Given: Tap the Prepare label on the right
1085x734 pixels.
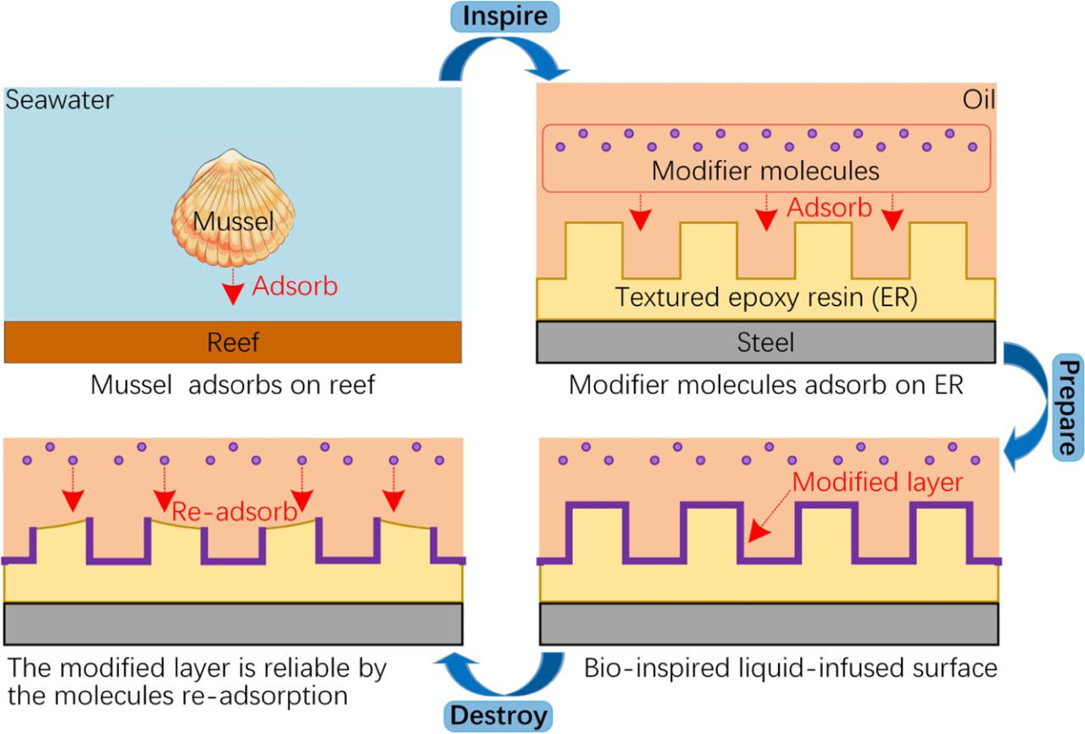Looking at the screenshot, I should [1069, 406].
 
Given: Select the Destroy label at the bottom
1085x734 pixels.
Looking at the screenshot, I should [499, 715].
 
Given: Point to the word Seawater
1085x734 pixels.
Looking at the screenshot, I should [59, 101].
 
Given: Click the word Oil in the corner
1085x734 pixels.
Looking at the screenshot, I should [978, 101].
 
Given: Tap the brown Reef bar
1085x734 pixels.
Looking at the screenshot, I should [233, 342].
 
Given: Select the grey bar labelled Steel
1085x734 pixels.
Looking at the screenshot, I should [766, 342].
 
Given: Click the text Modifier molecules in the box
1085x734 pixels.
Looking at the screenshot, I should [765, 170].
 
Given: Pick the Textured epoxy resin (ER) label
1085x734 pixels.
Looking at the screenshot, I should [766, 298].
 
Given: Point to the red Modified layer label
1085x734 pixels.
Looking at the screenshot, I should [878, 482].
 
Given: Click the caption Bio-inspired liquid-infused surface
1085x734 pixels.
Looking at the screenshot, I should [790, 668].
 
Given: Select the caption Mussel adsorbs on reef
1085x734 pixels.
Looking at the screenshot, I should [233, 385].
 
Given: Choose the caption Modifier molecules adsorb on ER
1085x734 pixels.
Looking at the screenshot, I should [766, 385].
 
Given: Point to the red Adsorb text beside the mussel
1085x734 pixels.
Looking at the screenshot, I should [295, 286].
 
